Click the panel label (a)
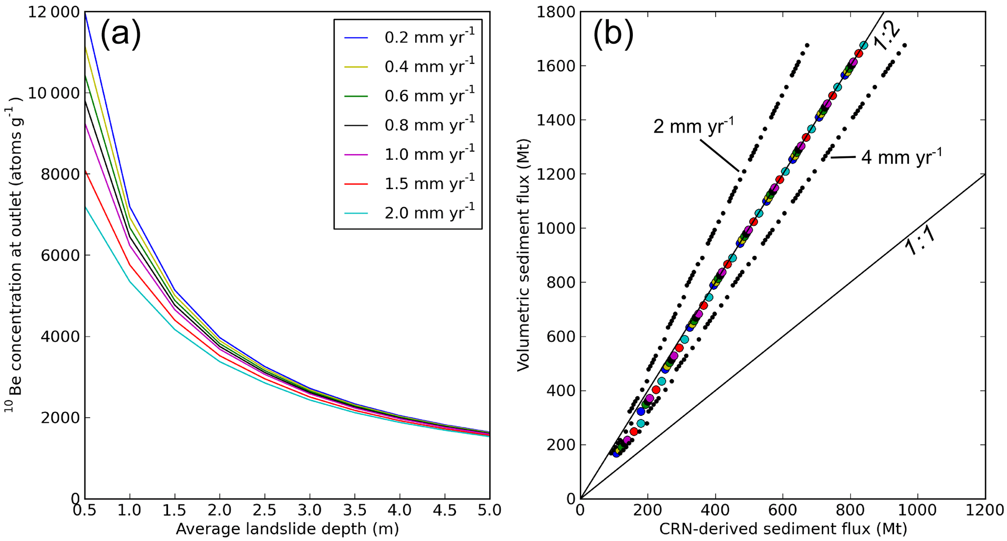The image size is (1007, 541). pyautogui.click(x=120, y=35)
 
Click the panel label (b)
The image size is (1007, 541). pyautogui.click(x=613, y=35)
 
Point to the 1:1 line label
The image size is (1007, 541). pyautogui.click(x=920, y=241)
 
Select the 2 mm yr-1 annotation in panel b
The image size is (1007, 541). pyautogui.click(x=693, y=127)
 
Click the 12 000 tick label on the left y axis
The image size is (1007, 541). pyautogui.click(x=54, y=12)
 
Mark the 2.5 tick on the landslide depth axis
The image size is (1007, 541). pyautogui.click(x=265, y=510)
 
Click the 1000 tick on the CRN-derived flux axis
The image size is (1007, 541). pyautogui.click(x=918, y=510)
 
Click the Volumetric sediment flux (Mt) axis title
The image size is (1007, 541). pyautogui.click(x=524, y=255)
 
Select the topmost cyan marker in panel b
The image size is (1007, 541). pyautogui.click(x=863, y=45)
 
